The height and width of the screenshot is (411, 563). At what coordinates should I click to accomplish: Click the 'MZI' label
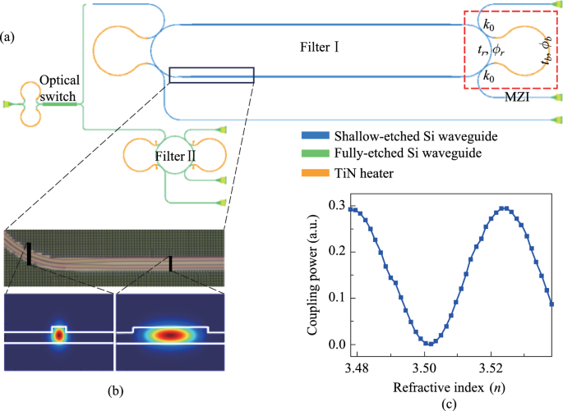click(516, 97)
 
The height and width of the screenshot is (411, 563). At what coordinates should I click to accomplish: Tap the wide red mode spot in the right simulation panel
click(169, 335)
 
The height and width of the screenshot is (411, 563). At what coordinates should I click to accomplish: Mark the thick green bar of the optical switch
click(59, 104)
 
